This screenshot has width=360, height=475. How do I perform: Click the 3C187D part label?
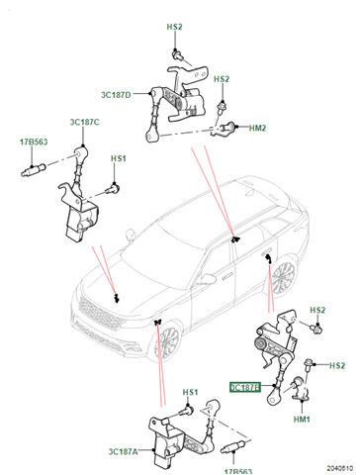point(116,95)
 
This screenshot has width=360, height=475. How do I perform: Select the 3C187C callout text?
point(84,122)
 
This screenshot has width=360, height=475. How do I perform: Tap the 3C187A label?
point(124,451)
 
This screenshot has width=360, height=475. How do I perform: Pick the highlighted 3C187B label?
point(245,387)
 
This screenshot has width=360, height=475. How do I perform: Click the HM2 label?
point(257,128)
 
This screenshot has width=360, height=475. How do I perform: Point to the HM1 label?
point(302,420)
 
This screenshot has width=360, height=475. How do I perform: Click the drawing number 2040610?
point(340,468)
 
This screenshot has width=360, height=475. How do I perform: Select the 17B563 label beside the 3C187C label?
point(34,142)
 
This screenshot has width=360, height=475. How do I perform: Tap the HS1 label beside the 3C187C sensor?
point(119,158)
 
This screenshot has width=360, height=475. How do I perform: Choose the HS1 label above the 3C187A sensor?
point(190,392)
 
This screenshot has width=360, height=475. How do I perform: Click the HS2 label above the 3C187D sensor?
point(174,27)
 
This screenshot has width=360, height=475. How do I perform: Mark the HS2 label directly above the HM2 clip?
point(222,79)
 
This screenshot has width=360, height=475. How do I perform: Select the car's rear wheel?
point(284,278)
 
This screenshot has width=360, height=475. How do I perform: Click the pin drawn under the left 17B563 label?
point(34,169)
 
